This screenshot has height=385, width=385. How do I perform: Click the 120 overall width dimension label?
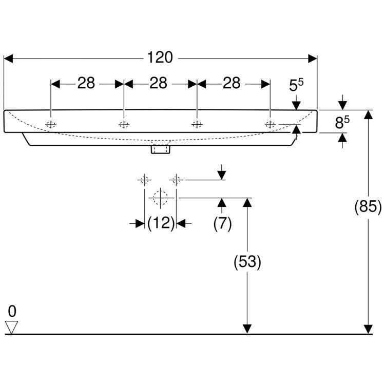(160, 57)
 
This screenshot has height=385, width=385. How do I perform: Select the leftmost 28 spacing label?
(86, 83)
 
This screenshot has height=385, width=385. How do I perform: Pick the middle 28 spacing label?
(159, 83)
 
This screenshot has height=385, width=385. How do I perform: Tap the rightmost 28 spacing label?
(232, 83)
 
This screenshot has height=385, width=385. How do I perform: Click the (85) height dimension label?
(368, 206)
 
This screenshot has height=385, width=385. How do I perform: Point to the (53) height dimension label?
(247, 262)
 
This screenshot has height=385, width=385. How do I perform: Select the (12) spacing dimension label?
(161, 223)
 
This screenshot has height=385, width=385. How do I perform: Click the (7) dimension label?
(222, 223)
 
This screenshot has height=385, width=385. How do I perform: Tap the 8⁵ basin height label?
(342, 122)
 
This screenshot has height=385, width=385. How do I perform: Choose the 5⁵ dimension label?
(296, 85)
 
